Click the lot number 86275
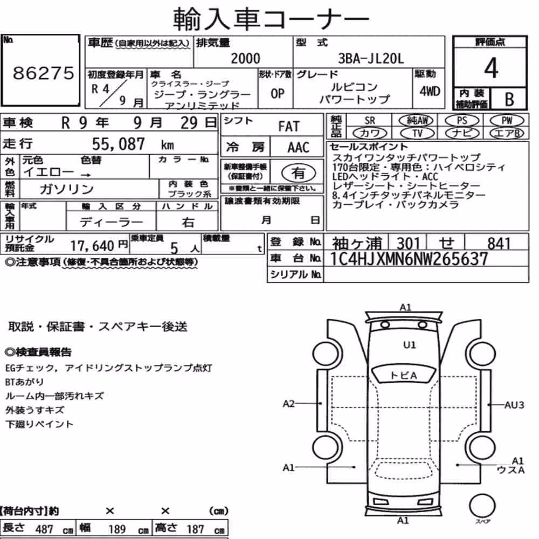click(x=43, y=73)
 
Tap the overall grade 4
click(x=491, y=68)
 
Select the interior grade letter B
click(x=509, y=99)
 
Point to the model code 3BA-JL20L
click(x=371, y=58)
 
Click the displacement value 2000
click(x=245, y=58)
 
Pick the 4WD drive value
click(x=430, y=91)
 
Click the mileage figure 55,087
click(x=118, y=144)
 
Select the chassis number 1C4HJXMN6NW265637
click(x=409, y=259)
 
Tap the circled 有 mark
click(x=299, y=172)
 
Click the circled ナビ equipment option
click(x=462, y=133)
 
